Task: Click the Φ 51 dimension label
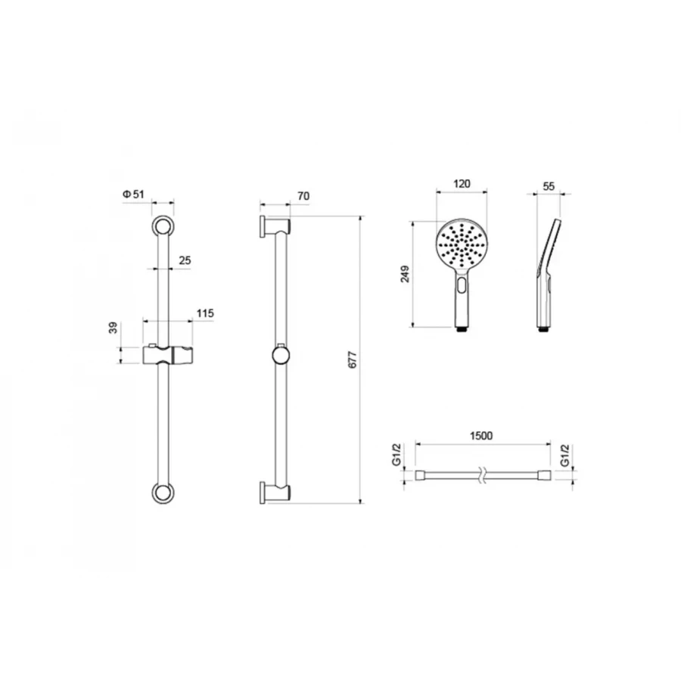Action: (133, 194)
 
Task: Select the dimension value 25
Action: (185, 260)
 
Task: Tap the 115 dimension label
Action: (205, 313)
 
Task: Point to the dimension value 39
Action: (113, 328)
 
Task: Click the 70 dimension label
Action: (303, 196)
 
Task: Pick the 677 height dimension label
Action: (353, 359)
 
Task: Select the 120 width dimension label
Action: (462, 184)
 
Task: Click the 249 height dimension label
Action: (405, 274)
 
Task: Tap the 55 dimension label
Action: (549, 186)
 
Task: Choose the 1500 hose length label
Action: (482, 436)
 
